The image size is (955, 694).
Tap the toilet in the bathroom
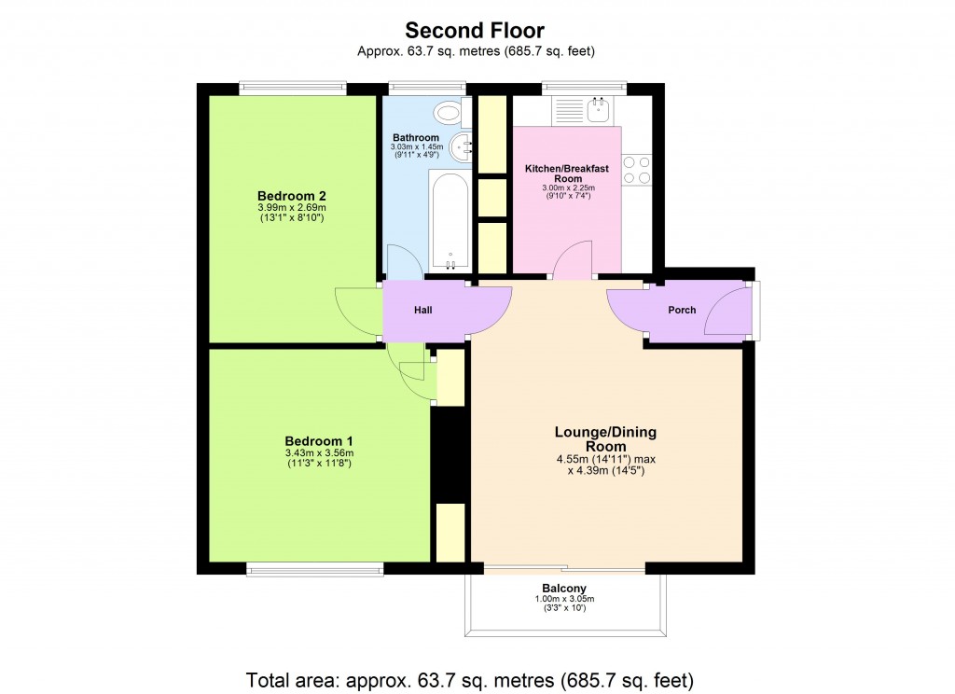(x=450, y=113)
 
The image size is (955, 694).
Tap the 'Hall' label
(x=423, y=310)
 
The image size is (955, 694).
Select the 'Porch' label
(x=682, y=310)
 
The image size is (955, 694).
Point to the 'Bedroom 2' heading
(x=292, y=195)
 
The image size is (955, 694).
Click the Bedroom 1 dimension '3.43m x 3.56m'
(x=318, y=452)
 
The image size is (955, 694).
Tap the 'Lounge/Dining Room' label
(x=605, y=438)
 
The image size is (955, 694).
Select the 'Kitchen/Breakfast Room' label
(x=567, y=173)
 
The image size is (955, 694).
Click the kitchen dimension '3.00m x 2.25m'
(x=567, y=187)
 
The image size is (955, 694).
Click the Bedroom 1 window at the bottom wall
(x=315, y=568)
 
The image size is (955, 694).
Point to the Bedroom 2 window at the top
(x=293, y=89)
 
